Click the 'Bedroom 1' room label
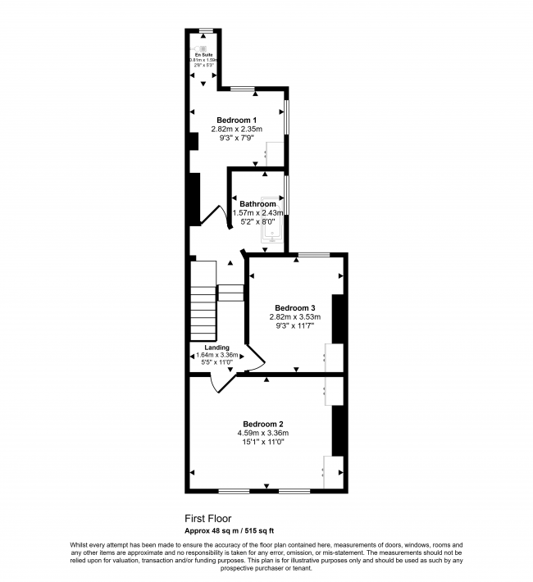236,120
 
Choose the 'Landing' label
217,347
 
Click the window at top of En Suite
206,31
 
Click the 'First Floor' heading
207,519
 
